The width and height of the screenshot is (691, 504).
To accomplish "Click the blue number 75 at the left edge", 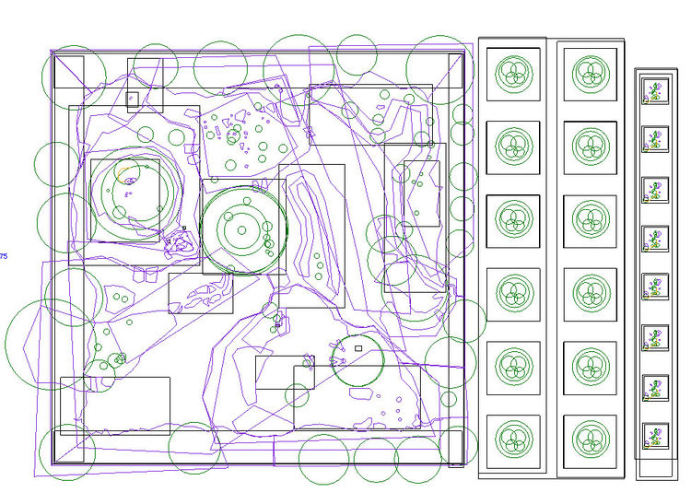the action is (4, 256).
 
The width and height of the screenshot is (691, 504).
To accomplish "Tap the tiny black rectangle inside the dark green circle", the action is (358, 348).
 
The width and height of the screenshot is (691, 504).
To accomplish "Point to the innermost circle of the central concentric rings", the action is (241, 230).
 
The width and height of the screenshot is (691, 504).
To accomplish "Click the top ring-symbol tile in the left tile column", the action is (513, 74).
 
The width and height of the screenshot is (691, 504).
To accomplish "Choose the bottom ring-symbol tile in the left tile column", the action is (513, 441).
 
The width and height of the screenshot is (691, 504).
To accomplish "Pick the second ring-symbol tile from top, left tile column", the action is (513, 147).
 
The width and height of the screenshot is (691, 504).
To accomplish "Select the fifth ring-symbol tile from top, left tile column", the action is (513, 368).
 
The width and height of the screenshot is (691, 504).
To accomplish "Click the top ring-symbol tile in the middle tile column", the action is (591, 75).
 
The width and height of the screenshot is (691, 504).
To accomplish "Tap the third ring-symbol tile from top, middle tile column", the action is (591, 221).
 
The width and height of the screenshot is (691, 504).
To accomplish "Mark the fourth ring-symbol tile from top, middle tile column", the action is (591, 294).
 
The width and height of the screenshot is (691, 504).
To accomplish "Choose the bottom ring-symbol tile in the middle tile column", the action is (591, 441).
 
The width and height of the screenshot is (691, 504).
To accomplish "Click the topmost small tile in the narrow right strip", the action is (655, 90).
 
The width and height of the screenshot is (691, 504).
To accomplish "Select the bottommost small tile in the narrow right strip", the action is (655, 436).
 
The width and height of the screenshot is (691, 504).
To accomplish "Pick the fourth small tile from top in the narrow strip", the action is (655, 239).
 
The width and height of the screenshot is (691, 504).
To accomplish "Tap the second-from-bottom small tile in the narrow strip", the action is (655, 388).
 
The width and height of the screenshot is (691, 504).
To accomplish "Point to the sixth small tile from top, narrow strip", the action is (655, 338).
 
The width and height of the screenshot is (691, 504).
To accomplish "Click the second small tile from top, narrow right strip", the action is (655, 139).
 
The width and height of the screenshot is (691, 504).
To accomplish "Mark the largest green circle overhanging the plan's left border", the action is (6, 345).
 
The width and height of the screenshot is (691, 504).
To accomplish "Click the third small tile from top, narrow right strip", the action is (655, 190).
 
